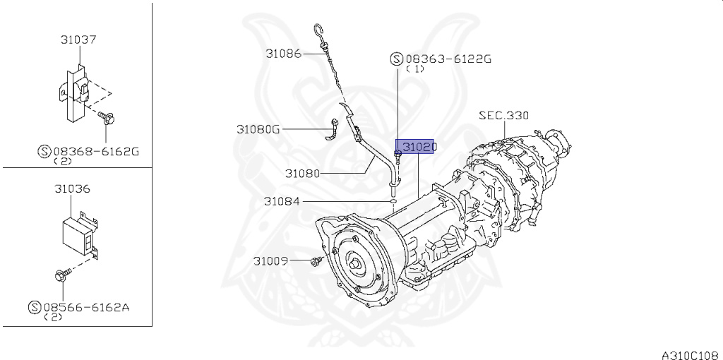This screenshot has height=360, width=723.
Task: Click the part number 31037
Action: click(x=78, y=40)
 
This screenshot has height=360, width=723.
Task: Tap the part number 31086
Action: click(x=283, y=54)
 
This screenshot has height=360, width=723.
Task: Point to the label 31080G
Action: click(x=258, y=129)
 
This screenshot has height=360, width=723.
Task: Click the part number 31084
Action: click(x=282, y=201)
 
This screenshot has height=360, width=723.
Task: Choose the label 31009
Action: click(x=270, y=261)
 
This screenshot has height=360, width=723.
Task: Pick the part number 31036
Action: click(x=73, y=189)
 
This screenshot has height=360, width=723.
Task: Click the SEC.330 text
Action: click(x=503, y=115)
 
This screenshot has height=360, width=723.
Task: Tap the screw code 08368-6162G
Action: click(x=96, y=151)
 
